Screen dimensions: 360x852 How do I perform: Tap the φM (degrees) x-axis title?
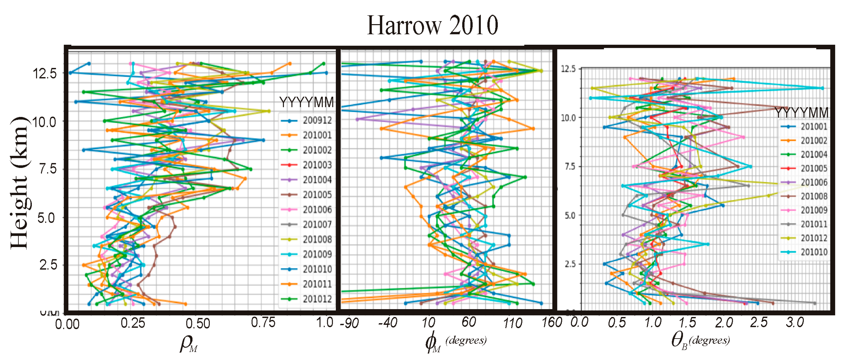coord(456,342)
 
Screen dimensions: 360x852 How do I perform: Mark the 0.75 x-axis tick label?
coord(263,322)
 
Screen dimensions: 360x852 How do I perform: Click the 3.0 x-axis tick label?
coord(794,322)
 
